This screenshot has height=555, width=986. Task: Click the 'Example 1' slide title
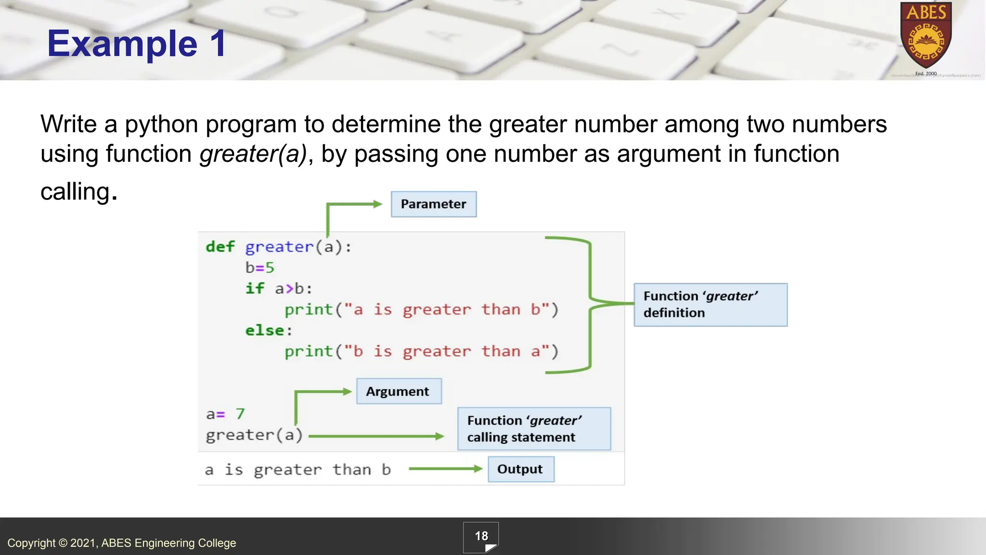(137, 43)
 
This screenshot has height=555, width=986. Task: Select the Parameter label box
(433, 204)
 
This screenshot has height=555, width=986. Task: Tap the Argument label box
(398, 391)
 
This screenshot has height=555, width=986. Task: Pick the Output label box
(520, 469)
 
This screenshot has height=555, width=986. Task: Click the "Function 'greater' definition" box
(710, 304)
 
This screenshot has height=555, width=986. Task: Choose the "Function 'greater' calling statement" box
(533, 429)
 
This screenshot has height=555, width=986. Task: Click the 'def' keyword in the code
(220, 247)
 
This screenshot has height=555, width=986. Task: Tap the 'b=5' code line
(259, 267)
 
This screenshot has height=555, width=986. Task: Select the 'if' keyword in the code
(255, 289)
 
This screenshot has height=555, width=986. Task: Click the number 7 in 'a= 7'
(240, 414)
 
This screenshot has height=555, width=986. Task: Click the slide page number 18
(481, 536)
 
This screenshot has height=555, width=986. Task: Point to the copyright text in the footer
(122, 543)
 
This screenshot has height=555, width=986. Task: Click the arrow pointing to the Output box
(445, 469)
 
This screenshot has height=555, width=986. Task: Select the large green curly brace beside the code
(590, 304)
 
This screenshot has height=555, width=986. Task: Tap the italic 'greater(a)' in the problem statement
(253, 154)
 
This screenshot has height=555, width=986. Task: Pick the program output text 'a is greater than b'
(298, 470)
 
